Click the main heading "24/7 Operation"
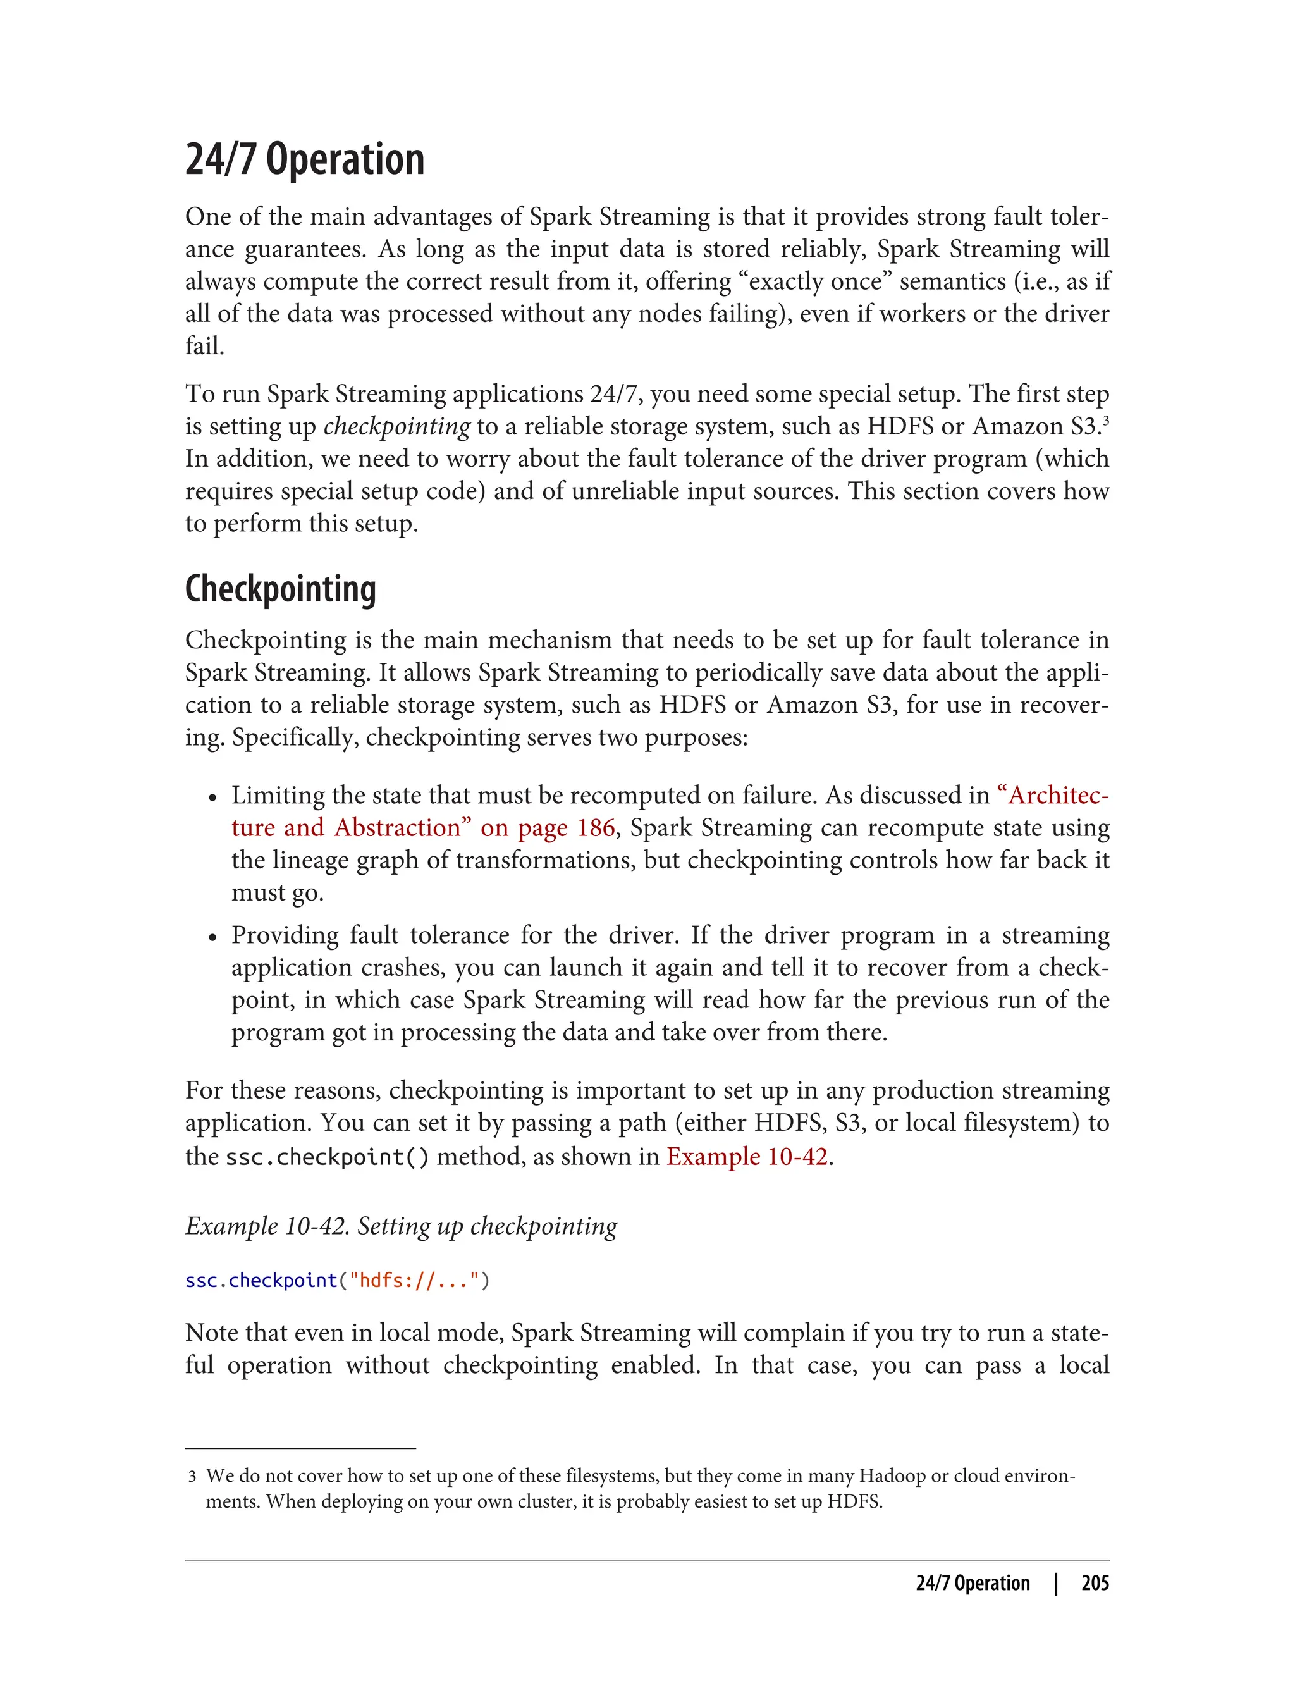(305, 159)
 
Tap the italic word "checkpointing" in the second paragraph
(396, 426)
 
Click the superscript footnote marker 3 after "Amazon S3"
(1105, 419)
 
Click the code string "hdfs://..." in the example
(415, 1280)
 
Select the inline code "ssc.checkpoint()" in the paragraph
(327, 1157)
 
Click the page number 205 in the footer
(1095, 1583)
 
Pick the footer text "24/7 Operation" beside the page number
(973, 1583)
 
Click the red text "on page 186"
(548, 827)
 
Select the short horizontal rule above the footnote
(300, 1448)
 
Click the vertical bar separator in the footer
(1056, 1583)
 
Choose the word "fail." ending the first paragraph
(204, 345)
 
